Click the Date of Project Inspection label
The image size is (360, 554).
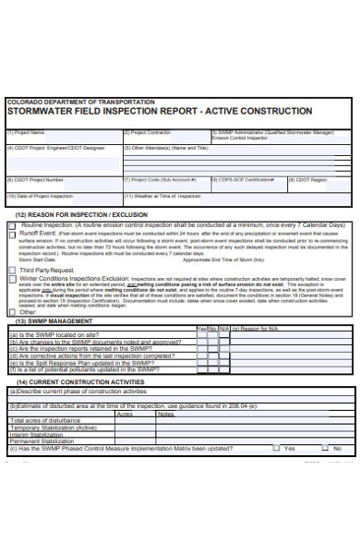pyautogui.click(x=41, y=196)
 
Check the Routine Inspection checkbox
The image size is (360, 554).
pyautogui.click(x=11, y=224)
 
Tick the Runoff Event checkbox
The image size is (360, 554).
pyautogui.click(x=11, y=235)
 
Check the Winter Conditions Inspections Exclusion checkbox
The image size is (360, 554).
pyautogui.click(x=11, y=277)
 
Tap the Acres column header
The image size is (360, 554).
pyautogui.click(x=125, y=414)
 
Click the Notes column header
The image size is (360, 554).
pyautogui.click(x=166, y=414)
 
